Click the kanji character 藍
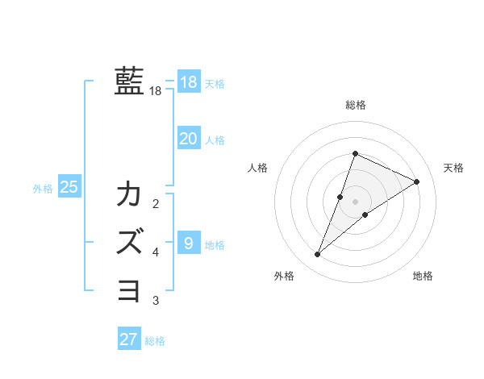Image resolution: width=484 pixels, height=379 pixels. point(129,82)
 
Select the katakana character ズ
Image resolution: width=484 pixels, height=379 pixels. point(129,241)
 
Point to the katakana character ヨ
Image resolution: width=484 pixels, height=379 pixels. point(129,288)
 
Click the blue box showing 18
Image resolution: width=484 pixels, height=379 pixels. point(188,82)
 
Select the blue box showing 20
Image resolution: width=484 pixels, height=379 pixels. point(188,139)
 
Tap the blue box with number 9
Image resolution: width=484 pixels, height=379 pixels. point(188,243)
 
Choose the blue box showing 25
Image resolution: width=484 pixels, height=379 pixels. point(69,187)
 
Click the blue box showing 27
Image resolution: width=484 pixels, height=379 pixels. point(129,339)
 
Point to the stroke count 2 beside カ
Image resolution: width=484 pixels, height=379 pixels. point(156,203)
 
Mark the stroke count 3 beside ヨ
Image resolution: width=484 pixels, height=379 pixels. point(156,301)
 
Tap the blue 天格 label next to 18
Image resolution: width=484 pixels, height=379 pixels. point(215,84)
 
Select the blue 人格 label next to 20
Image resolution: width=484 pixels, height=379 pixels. point(215,140)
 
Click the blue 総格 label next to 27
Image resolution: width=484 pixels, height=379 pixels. point(155,341)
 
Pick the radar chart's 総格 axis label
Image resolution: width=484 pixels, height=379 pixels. point(355,105)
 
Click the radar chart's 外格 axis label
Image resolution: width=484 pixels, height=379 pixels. point(283,276)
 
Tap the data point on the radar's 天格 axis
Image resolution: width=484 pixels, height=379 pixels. point(417,181)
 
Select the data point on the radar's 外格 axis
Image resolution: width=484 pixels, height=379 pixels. point(318,255)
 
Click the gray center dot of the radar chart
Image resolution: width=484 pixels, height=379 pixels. point(355,202)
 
